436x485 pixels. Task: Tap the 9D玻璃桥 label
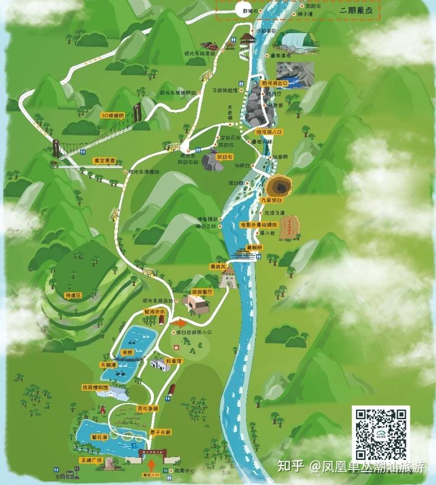(113, 115)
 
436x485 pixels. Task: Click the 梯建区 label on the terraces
(73, 294)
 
